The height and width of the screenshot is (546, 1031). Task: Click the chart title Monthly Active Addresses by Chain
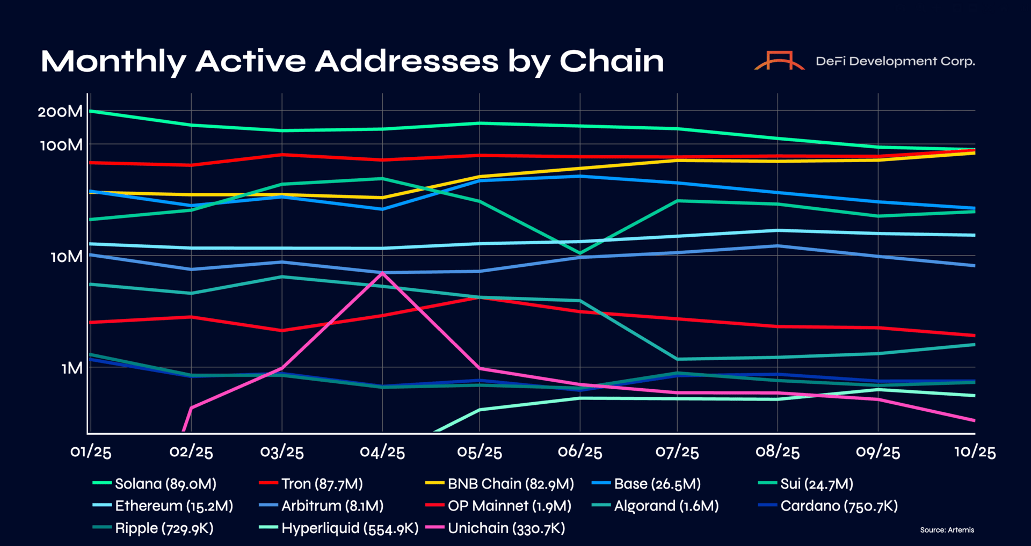352,61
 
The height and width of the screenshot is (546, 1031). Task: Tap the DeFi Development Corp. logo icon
779,61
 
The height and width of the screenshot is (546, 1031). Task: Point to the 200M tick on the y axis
60,112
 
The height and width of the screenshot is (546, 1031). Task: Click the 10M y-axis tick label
67,257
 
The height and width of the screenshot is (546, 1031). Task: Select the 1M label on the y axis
72,368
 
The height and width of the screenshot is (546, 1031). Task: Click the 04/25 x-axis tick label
382,452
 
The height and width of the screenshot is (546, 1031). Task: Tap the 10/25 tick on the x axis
975,452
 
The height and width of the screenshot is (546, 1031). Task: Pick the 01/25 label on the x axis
91,452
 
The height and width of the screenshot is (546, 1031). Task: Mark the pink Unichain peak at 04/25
382,273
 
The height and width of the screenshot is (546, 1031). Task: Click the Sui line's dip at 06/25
580,253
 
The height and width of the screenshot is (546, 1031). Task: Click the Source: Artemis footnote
947,530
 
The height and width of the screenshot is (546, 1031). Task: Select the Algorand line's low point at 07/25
677,359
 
